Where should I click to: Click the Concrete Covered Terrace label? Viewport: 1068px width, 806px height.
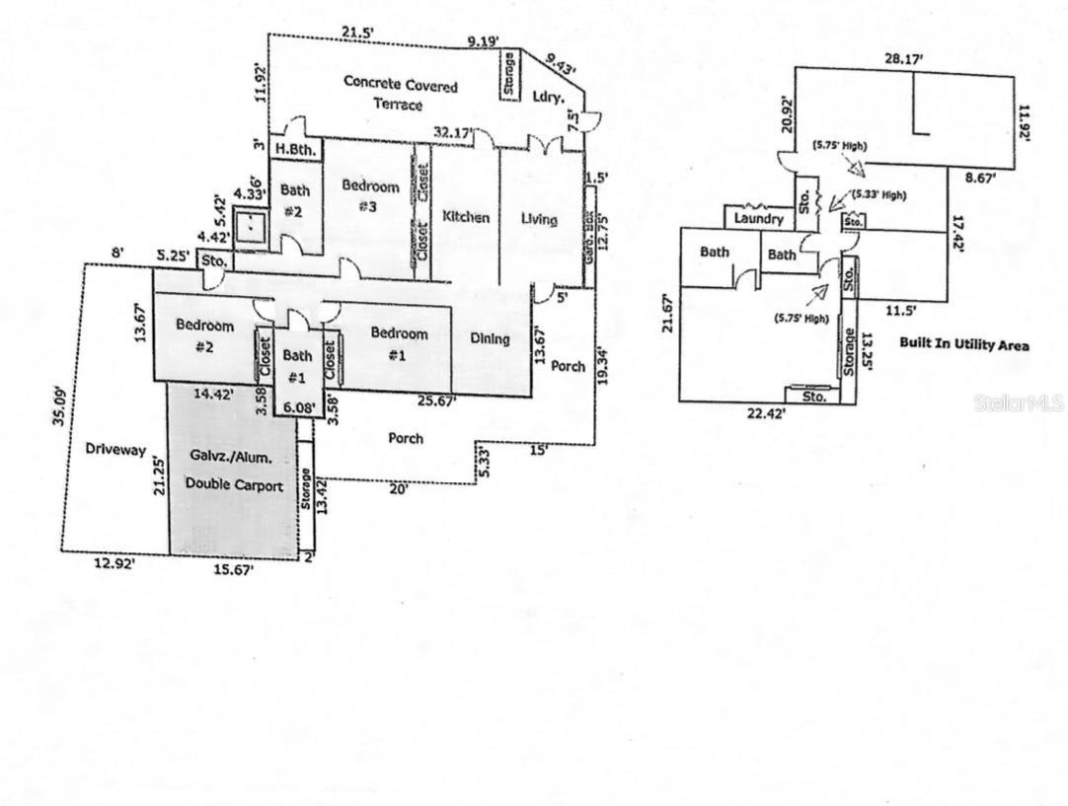[400, 94]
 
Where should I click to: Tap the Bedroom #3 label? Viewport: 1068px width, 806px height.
[370, 195]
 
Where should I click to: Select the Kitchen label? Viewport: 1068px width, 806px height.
[465, 217]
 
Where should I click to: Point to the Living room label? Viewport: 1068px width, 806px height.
[539, 219]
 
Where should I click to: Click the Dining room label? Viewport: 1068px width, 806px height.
[490, 339]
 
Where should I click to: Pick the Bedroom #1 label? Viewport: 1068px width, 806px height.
[399, 344]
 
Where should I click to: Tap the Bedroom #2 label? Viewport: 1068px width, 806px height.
[204, 335]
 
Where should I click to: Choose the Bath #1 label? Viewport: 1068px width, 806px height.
[297, 366]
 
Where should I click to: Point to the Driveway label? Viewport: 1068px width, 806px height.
[114, 450]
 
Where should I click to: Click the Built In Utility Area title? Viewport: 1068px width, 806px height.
[963, 345]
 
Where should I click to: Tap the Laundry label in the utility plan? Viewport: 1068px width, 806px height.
[759, 219]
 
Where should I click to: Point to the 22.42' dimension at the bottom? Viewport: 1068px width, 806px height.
[765, 414]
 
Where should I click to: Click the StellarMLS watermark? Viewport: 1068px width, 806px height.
[1018, 403]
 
